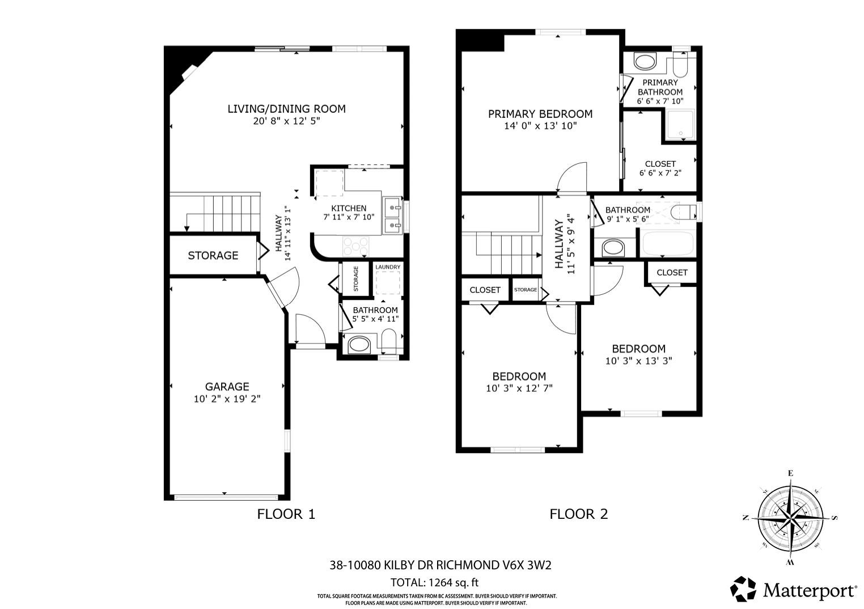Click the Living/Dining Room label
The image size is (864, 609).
286,109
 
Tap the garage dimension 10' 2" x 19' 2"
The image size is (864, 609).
227,399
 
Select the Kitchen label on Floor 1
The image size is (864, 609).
349,208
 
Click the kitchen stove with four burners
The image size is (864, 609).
355,246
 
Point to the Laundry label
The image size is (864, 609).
388,267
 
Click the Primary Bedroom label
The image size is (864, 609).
540,114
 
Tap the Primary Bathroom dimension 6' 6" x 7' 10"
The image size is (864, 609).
660,102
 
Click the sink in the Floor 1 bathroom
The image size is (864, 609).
358,344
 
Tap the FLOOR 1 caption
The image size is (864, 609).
286,514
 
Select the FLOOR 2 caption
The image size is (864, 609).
578,514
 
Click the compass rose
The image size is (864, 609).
790,518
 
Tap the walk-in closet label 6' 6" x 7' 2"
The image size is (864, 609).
660,173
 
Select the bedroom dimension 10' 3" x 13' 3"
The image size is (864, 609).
638,361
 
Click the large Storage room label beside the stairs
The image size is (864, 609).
213,256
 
